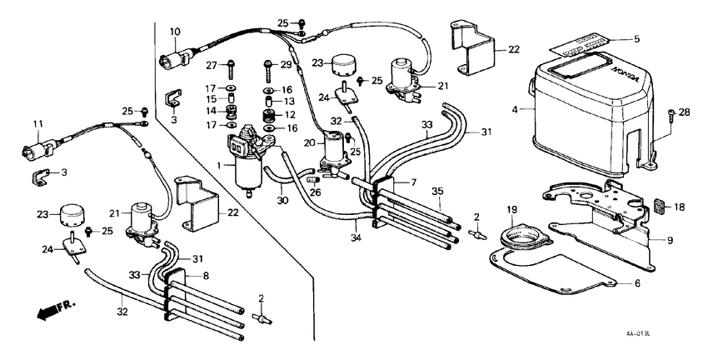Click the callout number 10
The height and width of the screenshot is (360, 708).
(x=175, y=32)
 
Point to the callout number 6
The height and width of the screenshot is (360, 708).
(x=637, y=283)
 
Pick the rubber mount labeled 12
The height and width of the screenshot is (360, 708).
(x=267, y=114)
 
